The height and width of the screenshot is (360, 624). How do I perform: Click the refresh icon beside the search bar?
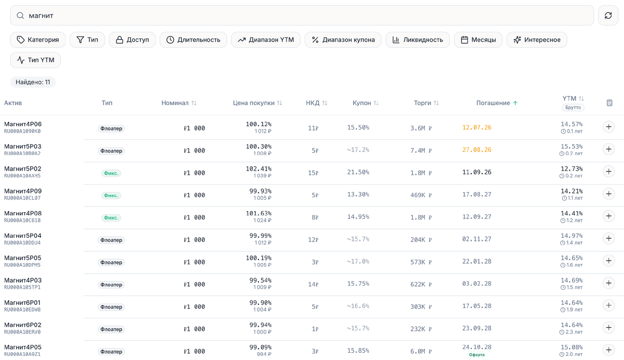[608, 16]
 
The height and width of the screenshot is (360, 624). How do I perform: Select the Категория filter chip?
[38, 40]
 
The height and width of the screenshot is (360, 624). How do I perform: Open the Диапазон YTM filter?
[266, 40]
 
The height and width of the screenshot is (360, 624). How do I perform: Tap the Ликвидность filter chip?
[418, 40]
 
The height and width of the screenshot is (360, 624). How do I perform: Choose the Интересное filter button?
[537, 40]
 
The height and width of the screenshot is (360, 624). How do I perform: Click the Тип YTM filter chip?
[35, 60]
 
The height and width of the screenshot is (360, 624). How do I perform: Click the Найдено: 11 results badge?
[33, 82]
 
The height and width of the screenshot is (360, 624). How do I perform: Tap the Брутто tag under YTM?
[573, 107]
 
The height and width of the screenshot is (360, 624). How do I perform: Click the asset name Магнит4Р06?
[23, 124]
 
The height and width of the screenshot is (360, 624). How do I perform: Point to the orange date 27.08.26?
[477, 150]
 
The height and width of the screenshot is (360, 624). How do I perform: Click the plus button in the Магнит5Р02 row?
[609, 171]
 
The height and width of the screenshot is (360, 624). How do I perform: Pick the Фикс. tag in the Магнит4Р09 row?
[111, 195]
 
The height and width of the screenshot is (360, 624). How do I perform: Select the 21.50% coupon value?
[358, 172]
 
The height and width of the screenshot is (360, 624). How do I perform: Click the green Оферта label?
[477, 355]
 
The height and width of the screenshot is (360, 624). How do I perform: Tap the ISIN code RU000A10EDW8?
[22, 310]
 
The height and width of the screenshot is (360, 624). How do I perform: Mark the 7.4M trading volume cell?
[421, 150]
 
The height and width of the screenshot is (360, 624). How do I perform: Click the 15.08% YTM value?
[571, 347]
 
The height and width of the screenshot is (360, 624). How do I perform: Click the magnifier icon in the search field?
[20, 16]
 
